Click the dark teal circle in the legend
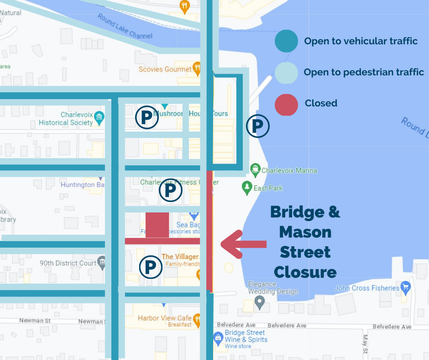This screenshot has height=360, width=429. pyautogui.click(x=286, y=41)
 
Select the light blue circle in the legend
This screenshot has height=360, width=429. pyautogui.click(x=286, y=72)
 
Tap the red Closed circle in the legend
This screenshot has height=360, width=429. pyautogui.click(x=286, y=103)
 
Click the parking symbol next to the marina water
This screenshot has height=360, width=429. pyautogui.click(x=258, y=127)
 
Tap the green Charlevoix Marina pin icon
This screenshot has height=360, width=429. pyautogui.click(x=255, y=170)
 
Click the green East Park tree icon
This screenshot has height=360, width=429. pyautogui.click(x=247, y=187)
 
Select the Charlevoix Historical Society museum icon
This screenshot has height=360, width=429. pyautogui.click(x=99, y=119)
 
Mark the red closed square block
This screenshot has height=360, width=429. pyautogui.click(x=157, y=224)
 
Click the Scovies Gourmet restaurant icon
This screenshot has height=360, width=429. pyautogui.click(x=197, y=69)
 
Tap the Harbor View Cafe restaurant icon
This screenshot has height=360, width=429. pyautogui.click(x=197, y=319)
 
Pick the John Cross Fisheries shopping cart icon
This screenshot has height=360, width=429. pyautogui.click(x=405, y=288)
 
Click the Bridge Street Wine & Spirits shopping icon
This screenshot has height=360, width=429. pyautogui.click(x=218, y=339)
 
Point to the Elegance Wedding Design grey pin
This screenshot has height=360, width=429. pyautogui.click(x=260, y=302)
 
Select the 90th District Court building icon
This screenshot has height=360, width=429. pyautogui.click(x=102, y=263)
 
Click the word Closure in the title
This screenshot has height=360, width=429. pyautogui.click(x=305, y=272)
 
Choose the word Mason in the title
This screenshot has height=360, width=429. pyautogui.click(x=305, y=233)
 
